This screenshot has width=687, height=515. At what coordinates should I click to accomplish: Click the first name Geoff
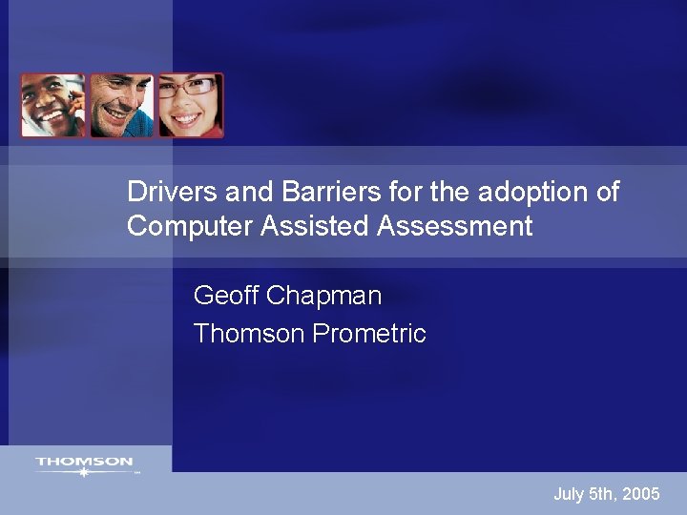click(x=225, y=296)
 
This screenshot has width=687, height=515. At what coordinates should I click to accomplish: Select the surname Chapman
click(x=324, y=297)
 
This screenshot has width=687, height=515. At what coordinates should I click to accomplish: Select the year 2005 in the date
click(x=639, y=494)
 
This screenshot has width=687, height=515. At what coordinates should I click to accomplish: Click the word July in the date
click(x=569, y=494)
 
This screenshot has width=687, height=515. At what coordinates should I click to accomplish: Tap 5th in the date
click(x=602, y=494)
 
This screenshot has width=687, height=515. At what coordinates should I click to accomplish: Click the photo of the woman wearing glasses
click(x=191, y=106)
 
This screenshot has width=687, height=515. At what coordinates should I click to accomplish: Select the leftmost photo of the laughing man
click(x=52, y=106)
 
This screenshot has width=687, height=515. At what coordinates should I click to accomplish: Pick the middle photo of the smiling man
click(x=121, y=106)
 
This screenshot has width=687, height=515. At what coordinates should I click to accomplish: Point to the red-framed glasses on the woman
click(x=191, y=89)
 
